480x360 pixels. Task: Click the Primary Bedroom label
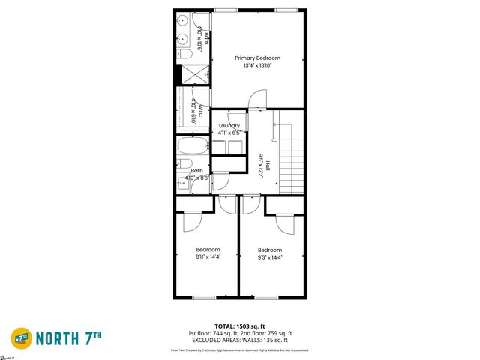click(x=257, y=58)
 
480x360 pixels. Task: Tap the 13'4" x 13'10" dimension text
click(x=257, y=66)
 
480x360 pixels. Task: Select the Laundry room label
click(x=229, y=125)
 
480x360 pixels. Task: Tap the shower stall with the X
click(x=193, y=75)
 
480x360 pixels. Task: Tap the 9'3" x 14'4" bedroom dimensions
click(x=270, y=257)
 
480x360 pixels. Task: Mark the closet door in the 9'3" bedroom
click(x=284, y=222)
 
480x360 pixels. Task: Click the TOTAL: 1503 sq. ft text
click(x=240, y=326)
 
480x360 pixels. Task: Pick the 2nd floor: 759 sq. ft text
click(x=266, y=333)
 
